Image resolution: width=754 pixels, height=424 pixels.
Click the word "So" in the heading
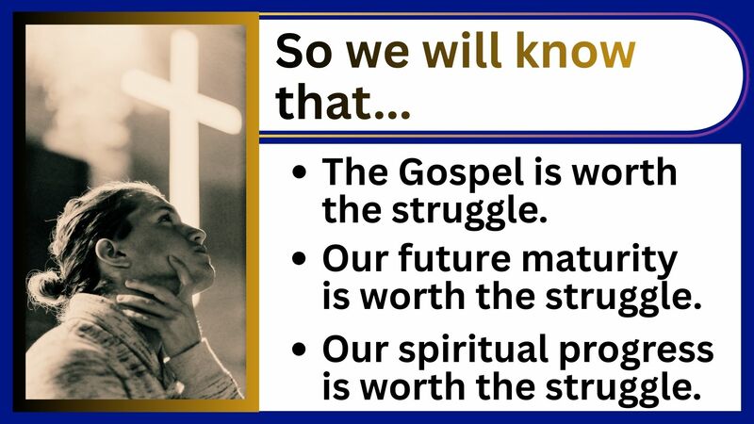click(302, 53)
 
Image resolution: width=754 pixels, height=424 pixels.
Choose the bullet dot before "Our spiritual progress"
click(300, 349)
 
